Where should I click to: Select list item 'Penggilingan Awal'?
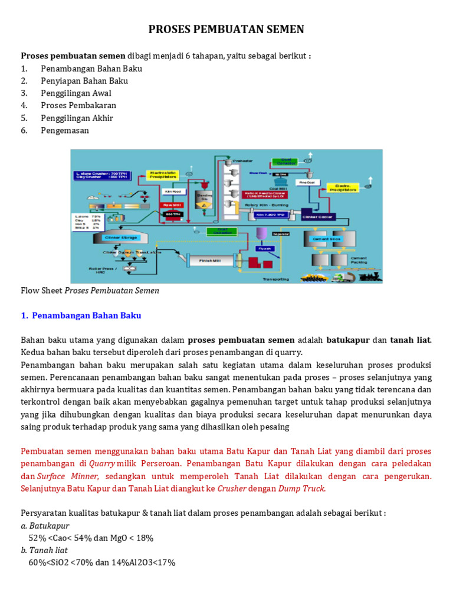[76, 93]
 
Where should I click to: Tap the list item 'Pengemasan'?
[65, 131]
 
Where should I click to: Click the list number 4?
[24, 106]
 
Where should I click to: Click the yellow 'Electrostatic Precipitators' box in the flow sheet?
[163, 175]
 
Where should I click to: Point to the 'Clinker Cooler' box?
[318, 217]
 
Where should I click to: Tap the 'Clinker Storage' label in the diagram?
[120, 238]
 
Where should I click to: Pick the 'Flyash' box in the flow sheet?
[263, 249]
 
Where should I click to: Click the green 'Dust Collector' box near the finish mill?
[222, 232]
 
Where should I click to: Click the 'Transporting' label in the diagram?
[275, 279]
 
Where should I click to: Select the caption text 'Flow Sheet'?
[41, 291]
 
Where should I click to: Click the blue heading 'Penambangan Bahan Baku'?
[87, 315]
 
